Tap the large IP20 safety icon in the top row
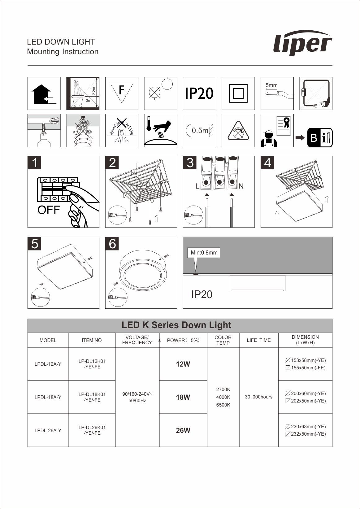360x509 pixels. pos(199,93)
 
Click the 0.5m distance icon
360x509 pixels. pos(199,130)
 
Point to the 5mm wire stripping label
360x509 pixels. pos(271,85)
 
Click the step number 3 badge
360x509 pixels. pos(190,163)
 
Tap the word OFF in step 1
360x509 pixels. pos(49,210)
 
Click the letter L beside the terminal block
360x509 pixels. pos(197,186)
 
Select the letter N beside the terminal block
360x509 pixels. pos(241,186)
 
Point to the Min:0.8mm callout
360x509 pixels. pos(204,253)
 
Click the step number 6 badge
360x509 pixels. pos(112,244)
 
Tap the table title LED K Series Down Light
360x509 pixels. pos(176,325)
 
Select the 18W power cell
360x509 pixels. pos(183,397)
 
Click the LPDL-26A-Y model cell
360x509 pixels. pos(48,430)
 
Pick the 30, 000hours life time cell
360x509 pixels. pos(258,397)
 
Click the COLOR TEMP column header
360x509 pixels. pos(223,340)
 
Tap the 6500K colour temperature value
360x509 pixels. pos(223,405)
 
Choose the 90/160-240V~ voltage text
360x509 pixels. pos(137,394)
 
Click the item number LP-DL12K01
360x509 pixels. pos(92,361)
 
